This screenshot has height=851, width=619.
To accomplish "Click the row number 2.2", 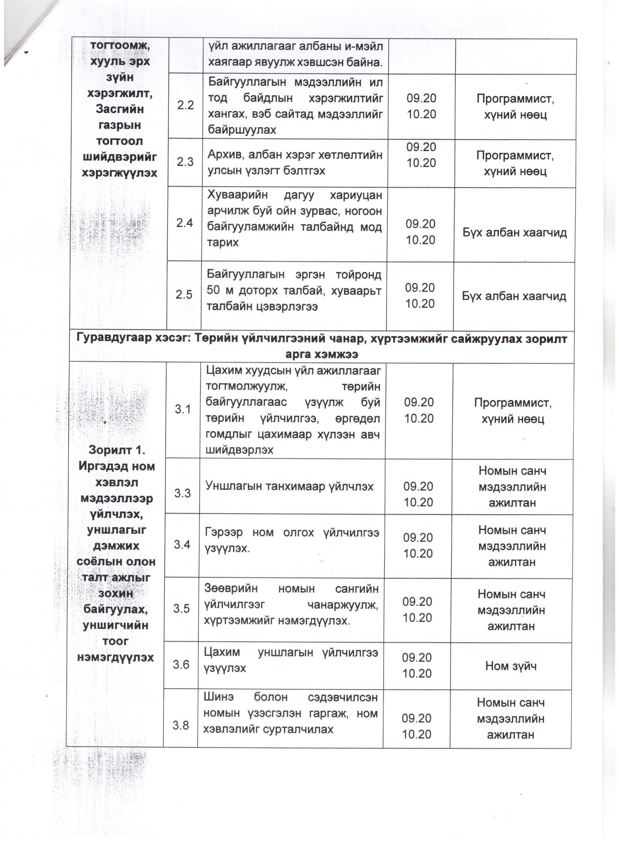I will (186, 105).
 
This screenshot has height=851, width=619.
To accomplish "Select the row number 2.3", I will (185, 162).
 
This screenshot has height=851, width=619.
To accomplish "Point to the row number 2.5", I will (184, 295).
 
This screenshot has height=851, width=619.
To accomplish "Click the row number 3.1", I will (183, 409).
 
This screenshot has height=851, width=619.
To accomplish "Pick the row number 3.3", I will (182, 493).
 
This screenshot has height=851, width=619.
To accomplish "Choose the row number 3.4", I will (182, 545).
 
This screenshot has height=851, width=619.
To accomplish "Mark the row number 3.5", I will (181, 609).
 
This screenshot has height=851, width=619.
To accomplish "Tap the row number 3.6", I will (181, 665).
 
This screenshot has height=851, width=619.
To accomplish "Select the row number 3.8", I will (181, 726).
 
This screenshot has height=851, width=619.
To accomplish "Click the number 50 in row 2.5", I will (214, 291).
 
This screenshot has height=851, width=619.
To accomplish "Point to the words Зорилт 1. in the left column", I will (116, 450).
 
